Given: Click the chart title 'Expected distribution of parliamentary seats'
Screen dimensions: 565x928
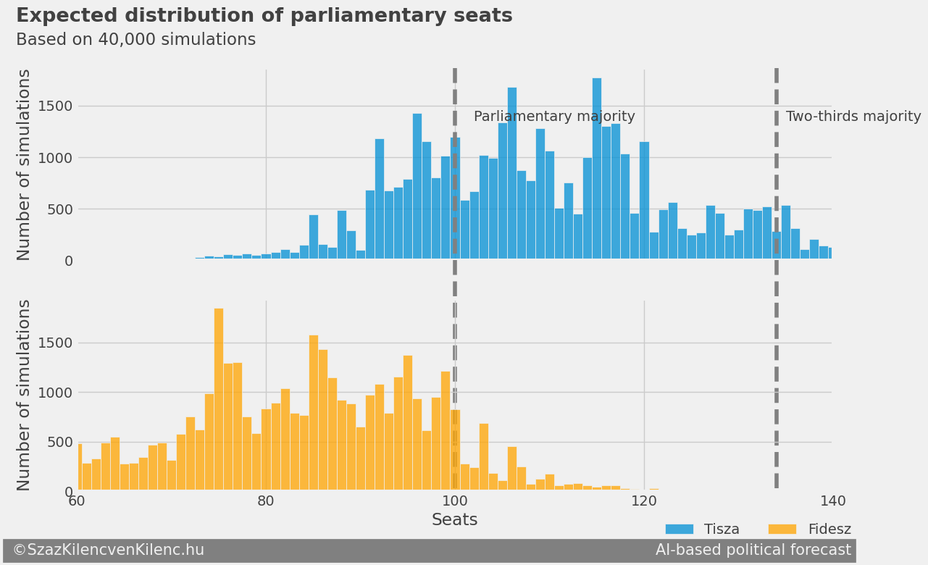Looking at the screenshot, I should click(x=264, y=16).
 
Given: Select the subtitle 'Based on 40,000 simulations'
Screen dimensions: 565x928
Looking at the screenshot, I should click(x=135, y=40).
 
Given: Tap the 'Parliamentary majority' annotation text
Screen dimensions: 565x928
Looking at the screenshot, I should click(x=554, y=117).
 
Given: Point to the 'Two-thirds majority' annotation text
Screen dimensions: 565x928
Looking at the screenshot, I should click(x=853, y=117).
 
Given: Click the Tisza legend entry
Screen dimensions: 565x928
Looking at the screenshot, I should click(x=702, y=530).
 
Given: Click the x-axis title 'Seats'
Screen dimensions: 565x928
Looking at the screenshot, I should click(x=454, y=520).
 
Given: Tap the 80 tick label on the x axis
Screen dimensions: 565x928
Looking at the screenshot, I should click(x=266, y=501).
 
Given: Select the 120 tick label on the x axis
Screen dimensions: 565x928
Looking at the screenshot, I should click(x=644, y=501).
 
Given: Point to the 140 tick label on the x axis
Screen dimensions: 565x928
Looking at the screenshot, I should click(x=832, y=501).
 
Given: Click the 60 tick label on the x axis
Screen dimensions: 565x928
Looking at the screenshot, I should click(x=77, y=501).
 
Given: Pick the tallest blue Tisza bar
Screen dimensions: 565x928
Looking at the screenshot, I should click(x=597, y=168).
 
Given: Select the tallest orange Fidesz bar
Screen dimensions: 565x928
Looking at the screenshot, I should click(x=219, y=399).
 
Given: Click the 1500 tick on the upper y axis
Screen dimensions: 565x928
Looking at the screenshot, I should click(x=55, y=106).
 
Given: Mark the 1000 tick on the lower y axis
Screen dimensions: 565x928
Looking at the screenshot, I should click(x=55, y=393).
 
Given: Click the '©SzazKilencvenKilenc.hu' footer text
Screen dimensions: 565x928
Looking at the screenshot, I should click(x=108, y=551).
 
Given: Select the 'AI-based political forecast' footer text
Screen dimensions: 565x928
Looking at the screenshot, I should click(x=753, y=551).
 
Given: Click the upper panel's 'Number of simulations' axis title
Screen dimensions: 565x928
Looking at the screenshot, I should click(x=25, y=164).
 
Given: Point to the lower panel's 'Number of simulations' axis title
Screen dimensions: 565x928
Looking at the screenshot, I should click(x=25, y=395).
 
